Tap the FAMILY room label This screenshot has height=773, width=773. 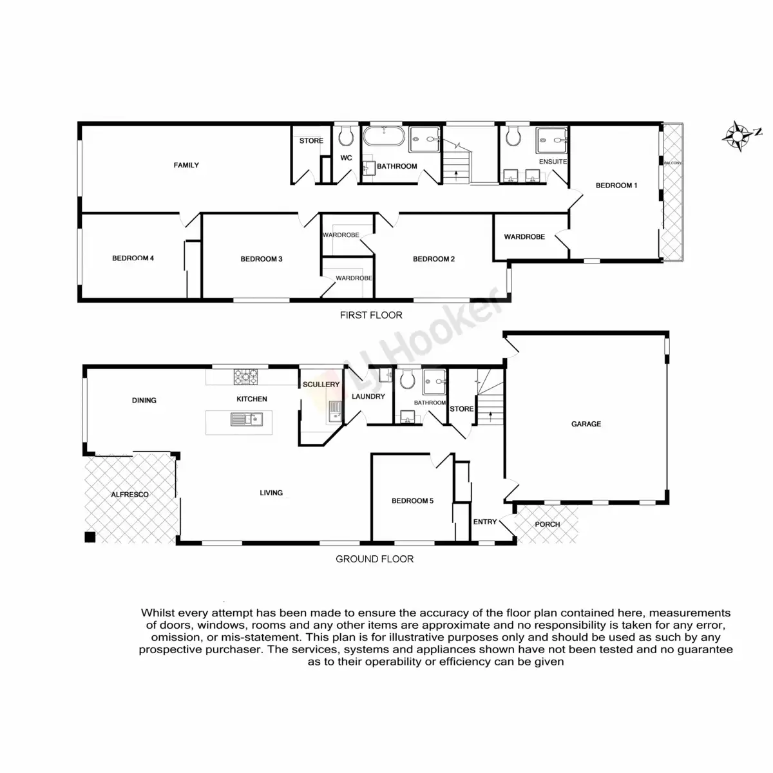(x=186, y=165)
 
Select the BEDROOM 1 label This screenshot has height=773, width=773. (x=616, y=186)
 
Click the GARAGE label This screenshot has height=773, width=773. (x=586, y=424)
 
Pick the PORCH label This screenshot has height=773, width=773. (x=548, y=524)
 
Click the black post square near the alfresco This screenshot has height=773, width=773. (x=90, y=537)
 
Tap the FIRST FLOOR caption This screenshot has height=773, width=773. (x=371, y=315)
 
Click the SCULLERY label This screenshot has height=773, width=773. (x=321, y=385)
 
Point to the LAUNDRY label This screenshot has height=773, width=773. (x=368, y=396)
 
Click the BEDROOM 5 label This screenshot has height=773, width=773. (x=412, y=501)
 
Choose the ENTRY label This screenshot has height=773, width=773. (x=484, y=522)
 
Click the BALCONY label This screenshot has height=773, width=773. (x=672, y=163)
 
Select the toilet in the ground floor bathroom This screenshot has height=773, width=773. (x=407, y=380)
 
